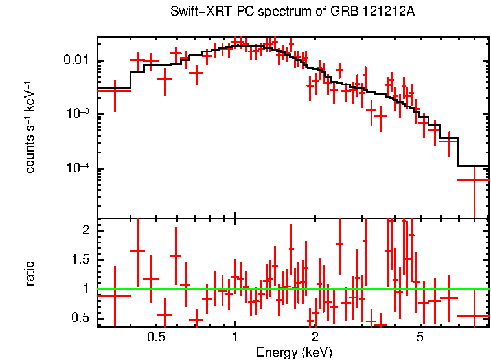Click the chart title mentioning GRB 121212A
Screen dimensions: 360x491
292,12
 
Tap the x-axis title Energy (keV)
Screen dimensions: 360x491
294,352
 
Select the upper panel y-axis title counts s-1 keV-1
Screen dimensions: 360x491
30,127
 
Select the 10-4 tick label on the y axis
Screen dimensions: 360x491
79,168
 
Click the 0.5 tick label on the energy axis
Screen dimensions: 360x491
155,337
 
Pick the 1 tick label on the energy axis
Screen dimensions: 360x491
235,337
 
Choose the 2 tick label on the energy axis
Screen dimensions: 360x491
315,337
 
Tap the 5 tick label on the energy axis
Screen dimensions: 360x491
420,337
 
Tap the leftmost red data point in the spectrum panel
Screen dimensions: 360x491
115,91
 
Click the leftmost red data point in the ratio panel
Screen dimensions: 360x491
115,296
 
